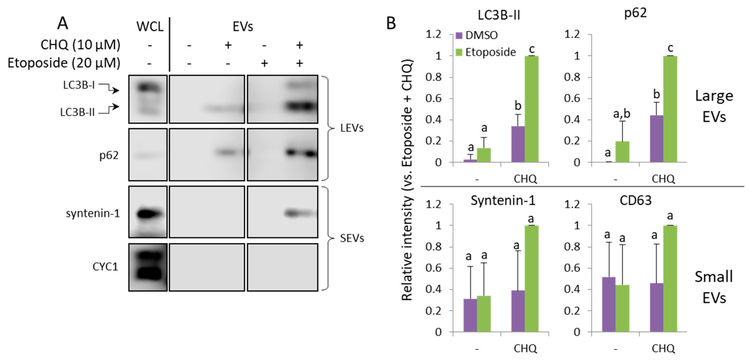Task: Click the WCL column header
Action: coord(150,27)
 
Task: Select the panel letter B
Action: coord(391,23)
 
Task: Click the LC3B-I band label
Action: coord(79,85)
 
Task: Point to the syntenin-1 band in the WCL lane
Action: coord(149,214)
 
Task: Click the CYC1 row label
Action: coord(105,267)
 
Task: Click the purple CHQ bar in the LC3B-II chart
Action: coord(518,144)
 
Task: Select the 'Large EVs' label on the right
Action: coord(714,106)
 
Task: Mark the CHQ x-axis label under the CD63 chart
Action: coord(663,348)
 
